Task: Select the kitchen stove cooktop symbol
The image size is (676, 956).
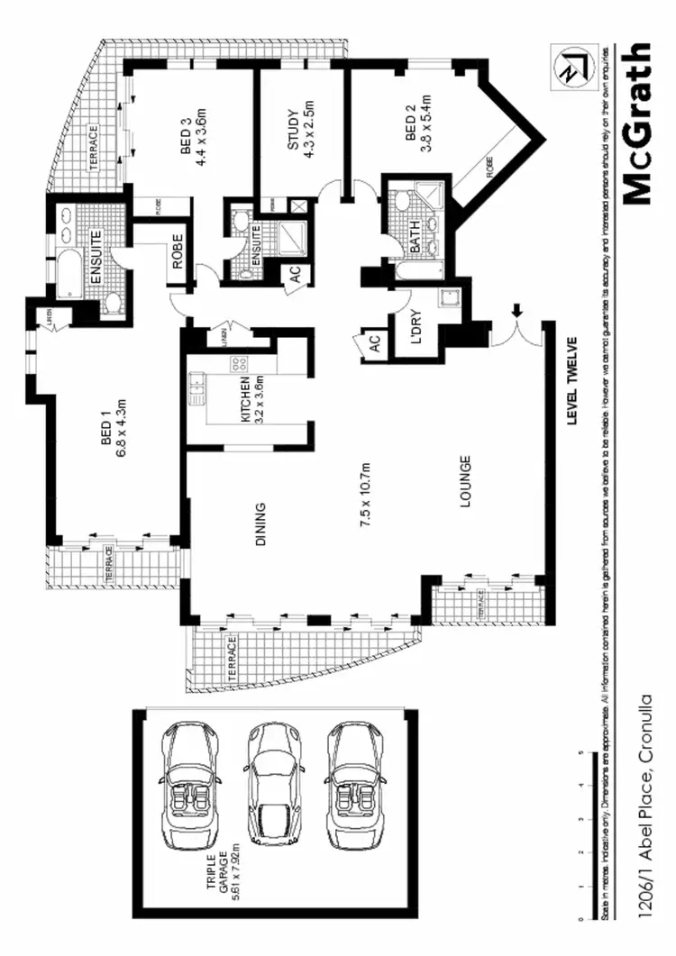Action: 241,364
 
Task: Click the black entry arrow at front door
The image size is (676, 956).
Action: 517,310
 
